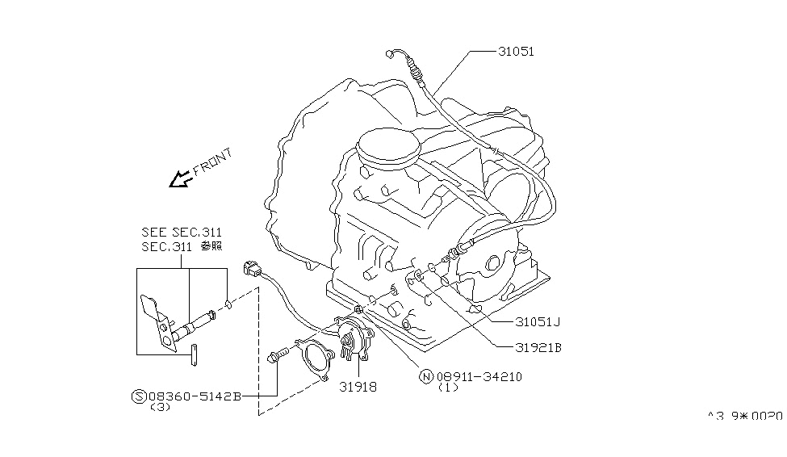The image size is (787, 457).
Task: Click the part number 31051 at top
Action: point(517,51)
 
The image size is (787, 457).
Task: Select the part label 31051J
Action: point(538,321)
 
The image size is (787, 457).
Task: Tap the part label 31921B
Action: point(538,348)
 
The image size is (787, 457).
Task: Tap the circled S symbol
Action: point(139,396)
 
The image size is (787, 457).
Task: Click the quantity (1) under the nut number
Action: point(449,388)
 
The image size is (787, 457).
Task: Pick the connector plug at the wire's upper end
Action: point(249,269)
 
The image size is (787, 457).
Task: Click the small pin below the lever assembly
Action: point(195,354)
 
